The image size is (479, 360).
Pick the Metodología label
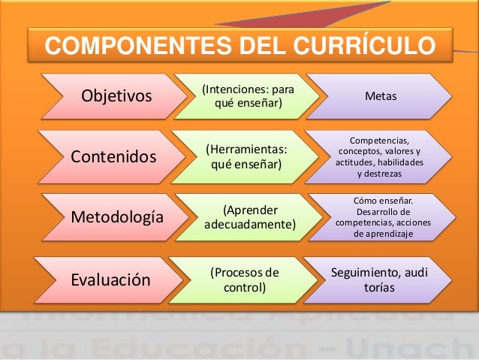(x=116, y=218)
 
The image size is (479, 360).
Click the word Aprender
(x=251, y=210)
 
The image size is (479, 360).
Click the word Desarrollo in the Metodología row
(x=375, y=212)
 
